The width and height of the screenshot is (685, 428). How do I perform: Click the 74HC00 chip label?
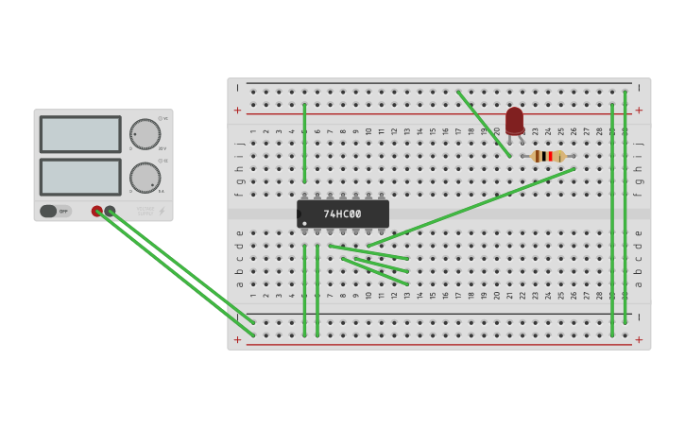pyautogui.click(x=343, y=214)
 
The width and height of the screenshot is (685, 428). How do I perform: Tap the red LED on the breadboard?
pyautogui.click(x=514, y=121)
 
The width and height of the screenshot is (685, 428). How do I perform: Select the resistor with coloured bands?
pyautogui.click(x=548, y=156)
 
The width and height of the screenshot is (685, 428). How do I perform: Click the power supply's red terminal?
pyautogui.click(x=97, y=211)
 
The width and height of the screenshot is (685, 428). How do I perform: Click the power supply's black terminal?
pyautogui.click(x=111, y=211)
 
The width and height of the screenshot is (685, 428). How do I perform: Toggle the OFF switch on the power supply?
pyautogui.click(x=56, y=211)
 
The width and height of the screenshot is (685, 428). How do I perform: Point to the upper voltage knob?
pyautogui.click(x=145, y=134)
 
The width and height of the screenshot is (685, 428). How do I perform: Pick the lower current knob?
pyautogui.click(x=145, y=177)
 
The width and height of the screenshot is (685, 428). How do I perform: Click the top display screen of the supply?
pyautogui.click(x=80, y=134)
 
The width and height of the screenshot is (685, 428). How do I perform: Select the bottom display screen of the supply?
pyautogui.click(x=80, y=177)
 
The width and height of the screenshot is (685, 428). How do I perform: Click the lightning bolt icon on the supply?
pyautogui.click(x=162, y=211)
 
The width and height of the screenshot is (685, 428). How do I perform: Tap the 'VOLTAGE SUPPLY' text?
pyautogui.click(x=145, y=211)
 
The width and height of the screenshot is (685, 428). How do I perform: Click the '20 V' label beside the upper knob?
pyautogui.click(x=163, y=148)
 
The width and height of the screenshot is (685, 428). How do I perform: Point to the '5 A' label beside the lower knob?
pyautogui.click(x=162, y=191)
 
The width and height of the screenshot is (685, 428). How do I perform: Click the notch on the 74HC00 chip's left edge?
pyautogui.click(x=300, y=214)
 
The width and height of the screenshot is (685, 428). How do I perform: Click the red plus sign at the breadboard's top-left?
pyautogui.click(x=237, y=111)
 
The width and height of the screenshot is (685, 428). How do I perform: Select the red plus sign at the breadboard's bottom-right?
pyautogui.click(x=639, y=339)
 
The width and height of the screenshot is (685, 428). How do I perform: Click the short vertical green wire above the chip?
pyautogui.click(x=304, y=142)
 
